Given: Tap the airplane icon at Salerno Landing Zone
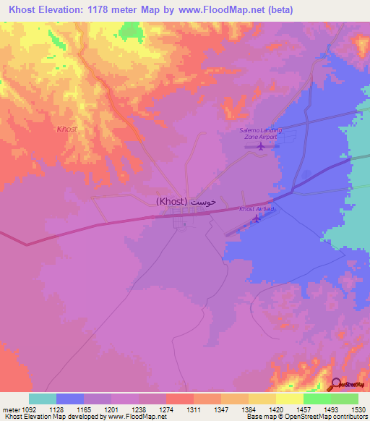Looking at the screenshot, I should (x=261, y=145).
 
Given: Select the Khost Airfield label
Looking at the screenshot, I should (x=257, y=209).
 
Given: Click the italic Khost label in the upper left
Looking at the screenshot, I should (x=66, y=129).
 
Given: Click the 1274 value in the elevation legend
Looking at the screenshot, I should (x=165, y=409).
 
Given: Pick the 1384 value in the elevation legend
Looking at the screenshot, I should (x=248, y=409).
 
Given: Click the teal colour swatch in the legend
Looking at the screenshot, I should (x=43, y=399).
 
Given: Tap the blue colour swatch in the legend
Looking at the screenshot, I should (x=70, y=399).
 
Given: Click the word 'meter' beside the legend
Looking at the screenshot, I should (x=9, y=409).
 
